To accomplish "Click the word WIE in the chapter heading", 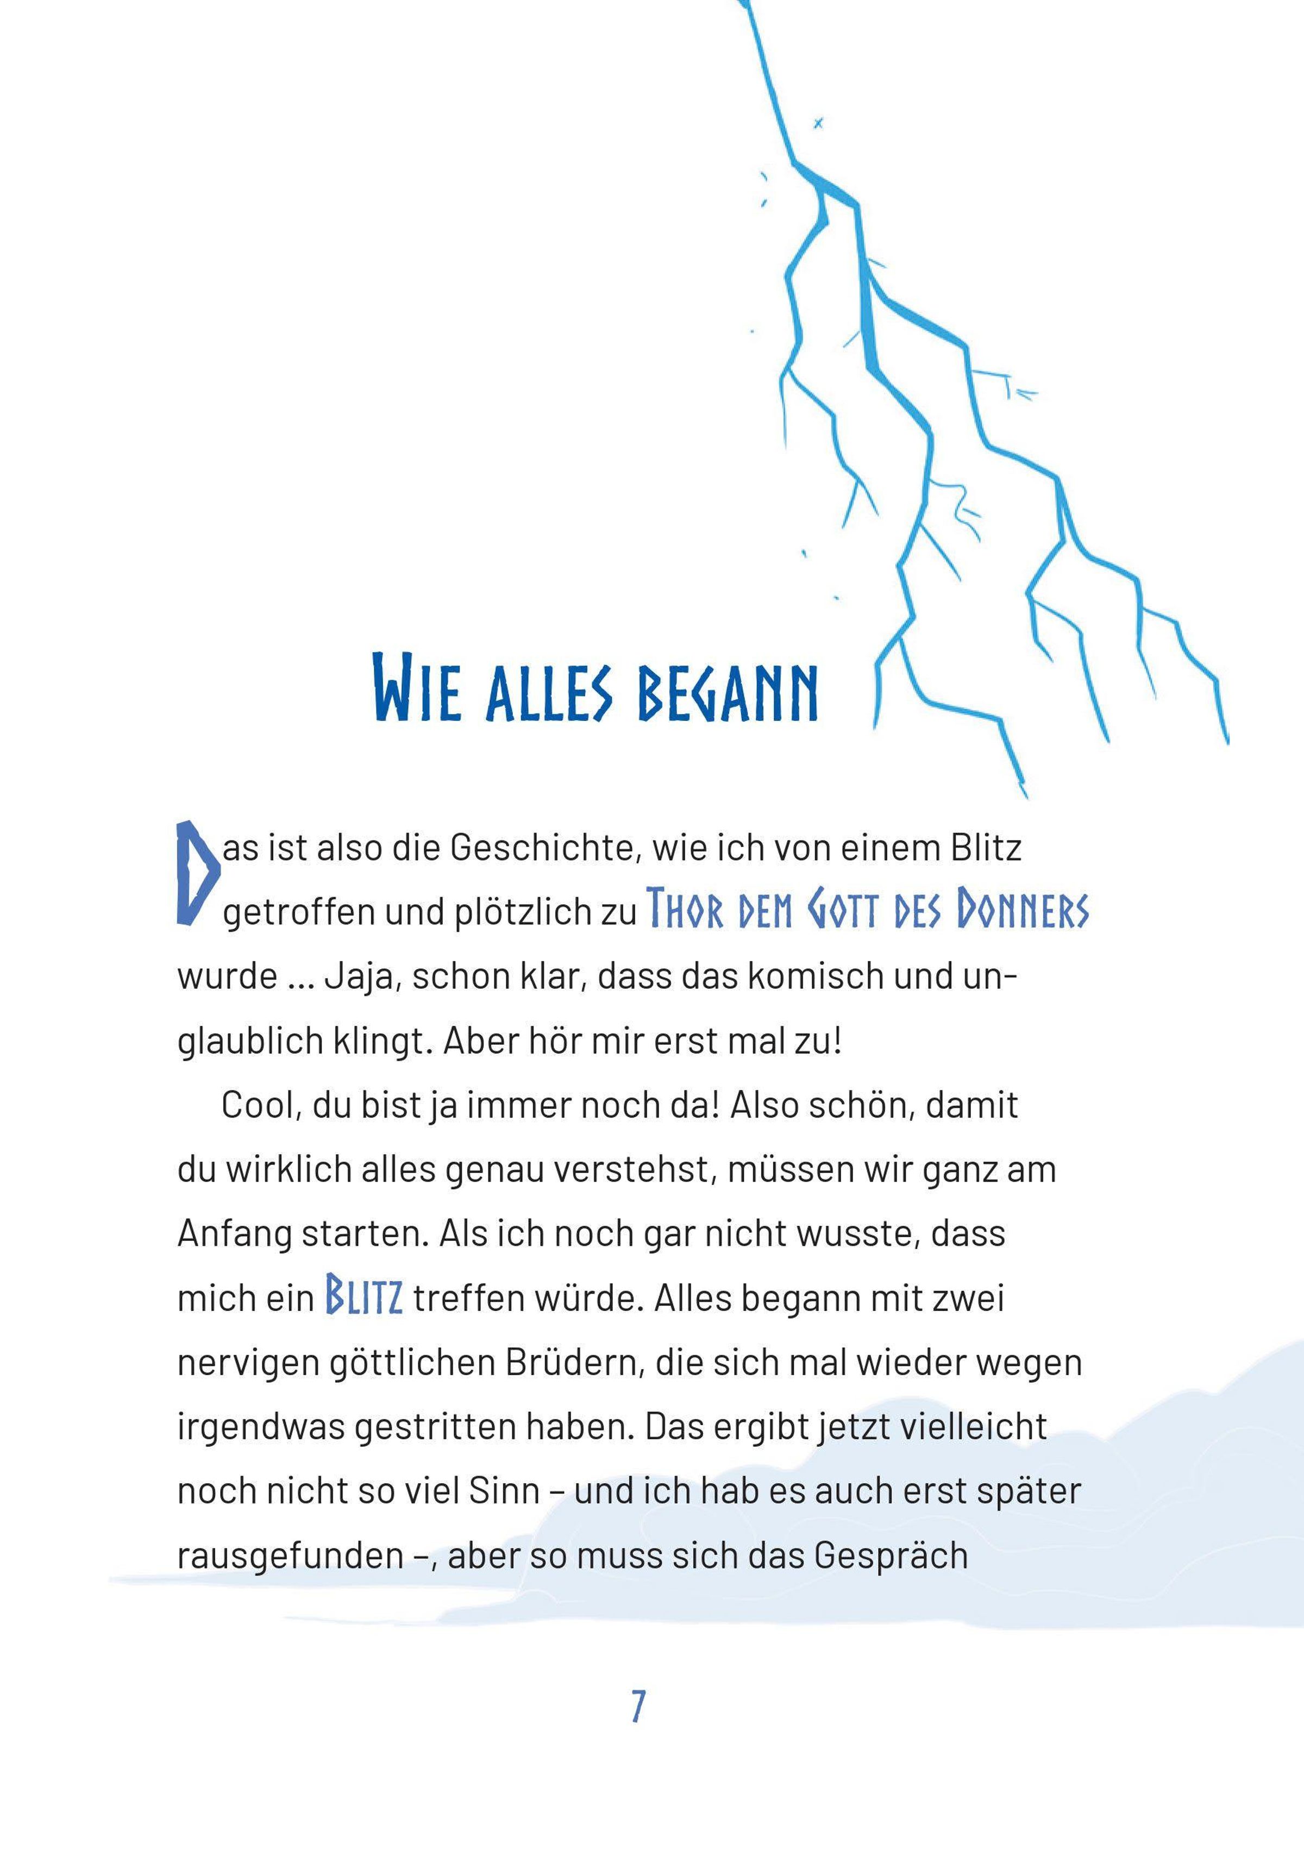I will (417, 689).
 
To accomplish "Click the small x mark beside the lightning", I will (819, 123).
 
